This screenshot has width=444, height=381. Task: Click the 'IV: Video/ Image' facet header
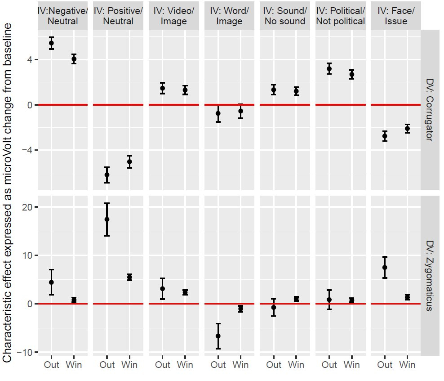click(173, 16)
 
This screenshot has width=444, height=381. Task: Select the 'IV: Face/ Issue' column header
click(396, 16)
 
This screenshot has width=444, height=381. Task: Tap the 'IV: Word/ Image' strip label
click(229, 16)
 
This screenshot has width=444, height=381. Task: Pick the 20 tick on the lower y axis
click(27, 207)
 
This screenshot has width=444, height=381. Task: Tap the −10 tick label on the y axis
click(25, 352)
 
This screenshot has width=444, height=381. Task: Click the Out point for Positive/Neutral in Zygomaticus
click(107, 219)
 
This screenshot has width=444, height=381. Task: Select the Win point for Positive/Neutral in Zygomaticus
click(129, 277)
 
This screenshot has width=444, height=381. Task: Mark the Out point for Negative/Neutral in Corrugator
click(52, 43)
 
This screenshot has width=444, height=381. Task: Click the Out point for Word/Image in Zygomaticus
click(218, 336)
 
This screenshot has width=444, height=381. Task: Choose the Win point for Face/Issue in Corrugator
click(407, 129)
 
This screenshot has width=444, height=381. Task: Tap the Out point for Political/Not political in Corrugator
click(329, 69)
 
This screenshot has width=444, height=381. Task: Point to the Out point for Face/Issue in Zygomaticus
click(385, 267)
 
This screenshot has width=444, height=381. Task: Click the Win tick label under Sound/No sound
click(296, 365)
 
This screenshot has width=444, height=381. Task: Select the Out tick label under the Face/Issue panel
click(385, 365)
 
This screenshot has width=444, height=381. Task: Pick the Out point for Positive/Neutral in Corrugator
click(107, 175)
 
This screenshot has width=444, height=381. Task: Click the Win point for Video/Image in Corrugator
click(185, 90)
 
